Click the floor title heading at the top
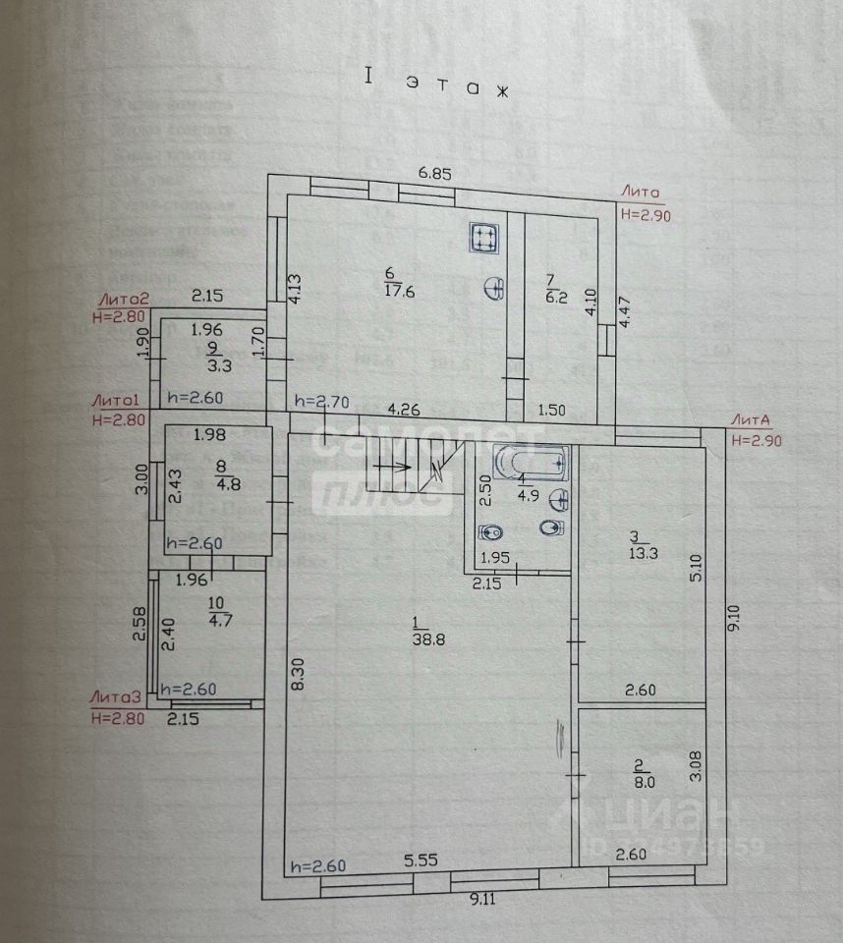(437, 84)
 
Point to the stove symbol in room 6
(482, 238)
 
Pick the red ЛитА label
(756, 419)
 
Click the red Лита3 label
(117, 696)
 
